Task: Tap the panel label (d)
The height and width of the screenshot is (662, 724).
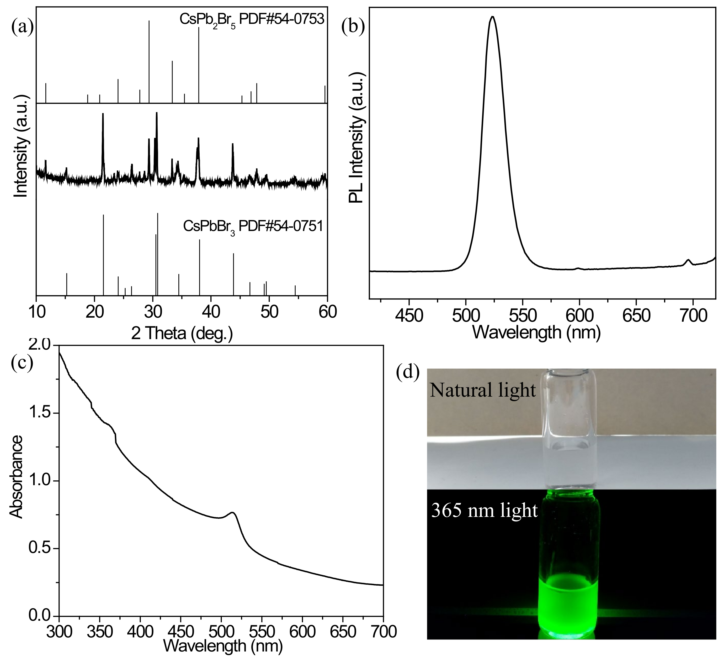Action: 408,373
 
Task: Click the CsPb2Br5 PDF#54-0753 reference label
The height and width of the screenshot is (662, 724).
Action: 252,20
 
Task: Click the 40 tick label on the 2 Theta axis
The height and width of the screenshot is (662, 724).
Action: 211,312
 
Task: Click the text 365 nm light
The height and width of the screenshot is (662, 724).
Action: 484,510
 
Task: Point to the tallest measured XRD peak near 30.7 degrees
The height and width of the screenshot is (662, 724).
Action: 157,113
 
